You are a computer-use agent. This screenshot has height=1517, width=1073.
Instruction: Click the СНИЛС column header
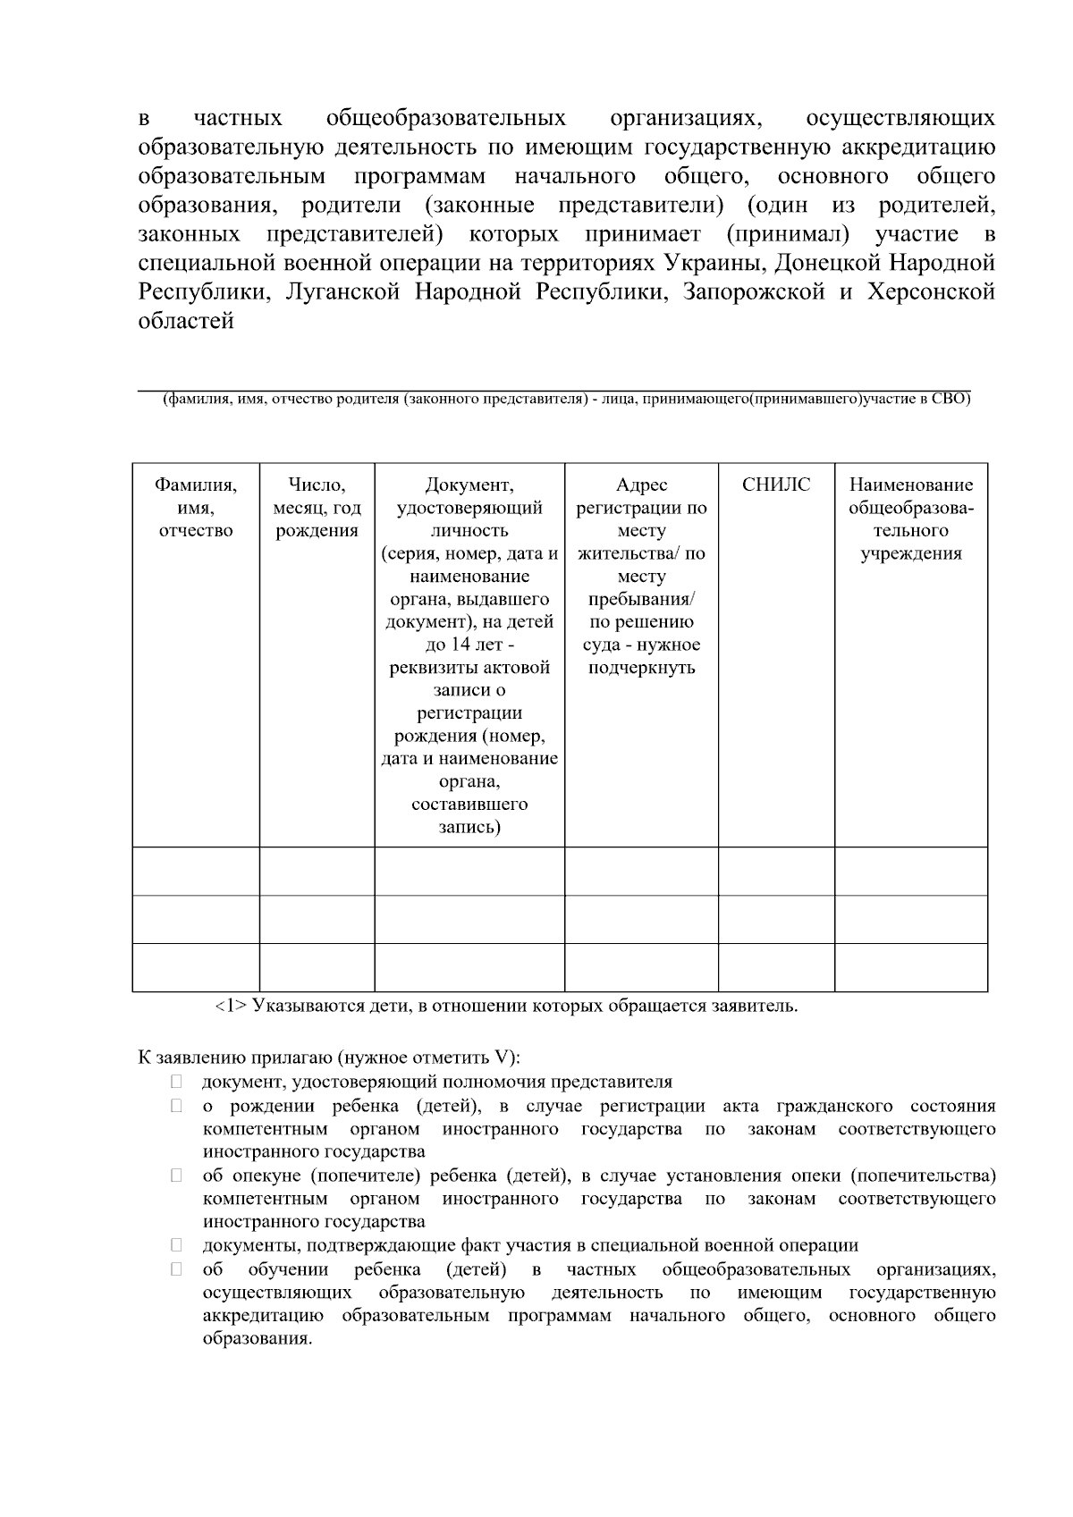tap(775, 485)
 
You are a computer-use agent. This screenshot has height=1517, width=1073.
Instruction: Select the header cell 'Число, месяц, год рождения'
tap(317, 508)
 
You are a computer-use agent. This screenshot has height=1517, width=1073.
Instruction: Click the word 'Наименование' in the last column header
tap(910, 485)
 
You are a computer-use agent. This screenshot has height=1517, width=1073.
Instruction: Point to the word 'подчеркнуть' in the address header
tap(641, 668)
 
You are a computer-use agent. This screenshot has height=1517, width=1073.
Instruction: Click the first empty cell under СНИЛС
tap(775, 871)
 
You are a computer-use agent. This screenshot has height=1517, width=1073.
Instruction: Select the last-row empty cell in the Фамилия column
tap(196, 967)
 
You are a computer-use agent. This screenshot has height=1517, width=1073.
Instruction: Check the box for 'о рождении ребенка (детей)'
tap(177, 1106)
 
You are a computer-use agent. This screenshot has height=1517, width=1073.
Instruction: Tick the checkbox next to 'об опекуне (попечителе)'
tap(177, 1176)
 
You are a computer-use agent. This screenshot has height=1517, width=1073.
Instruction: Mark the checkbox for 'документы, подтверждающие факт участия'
tap(177, 1245)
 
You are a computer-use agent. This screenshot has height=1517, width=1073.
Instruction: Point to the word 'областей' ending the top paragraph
tap(186, 321)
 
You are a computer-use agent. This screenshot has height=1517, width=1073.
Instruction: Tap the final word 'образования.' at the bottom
tap(258, 1339)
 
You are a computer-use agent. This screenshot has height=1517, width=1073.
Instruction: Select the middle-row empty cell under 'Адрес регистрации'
tap(641, 919)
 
